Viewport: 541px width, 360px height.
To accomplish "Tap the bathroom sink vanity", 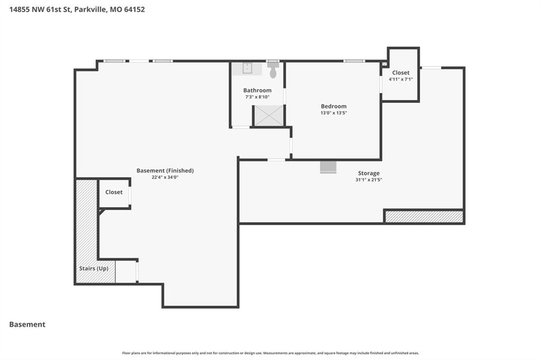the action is pos(247,69).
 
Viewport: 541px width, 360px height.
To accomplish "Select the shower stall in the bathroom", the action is pos(269,116).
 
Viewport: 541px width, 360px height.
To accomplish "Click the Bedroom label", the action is pos(334,106).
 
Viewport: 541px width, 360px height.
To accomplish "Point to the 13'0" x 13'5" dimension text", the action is pos(334,113).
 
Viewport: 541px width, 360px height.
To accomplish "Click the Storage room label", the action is pos(368,173).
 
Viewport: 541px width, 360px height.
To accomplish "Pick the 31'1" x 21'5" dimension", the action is pos(369,179).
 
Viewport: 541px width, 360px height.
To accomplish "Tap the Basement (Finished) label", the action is pos(165,170).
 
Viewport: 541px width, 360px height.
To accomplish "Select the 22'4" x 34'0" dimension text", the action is pos(165,177).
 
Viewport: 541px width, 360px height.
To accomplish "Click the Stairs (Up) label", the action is pos(94,268).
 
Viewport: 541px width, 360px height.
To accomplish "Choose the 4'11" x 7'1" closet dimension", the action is pos(400,79).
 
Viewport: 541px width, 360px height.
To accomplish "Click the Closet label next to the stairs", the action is pos(114,192).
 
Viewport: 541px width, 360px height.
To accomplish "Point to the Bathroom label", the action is pos(257,90).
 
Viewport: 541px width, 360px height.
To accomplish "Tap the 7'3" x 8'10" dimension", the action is pos(257,97).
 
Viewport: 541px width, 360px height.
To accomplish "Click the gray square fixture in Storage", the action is pos(328,167).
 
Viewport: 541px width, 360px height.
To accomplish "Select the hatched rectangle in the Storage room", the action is pos(424,216).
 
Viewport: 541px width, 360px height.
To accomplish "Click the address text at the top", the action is pos(77,10).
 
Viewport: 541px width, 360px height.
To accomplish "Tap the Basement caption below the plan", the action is pos(27,325).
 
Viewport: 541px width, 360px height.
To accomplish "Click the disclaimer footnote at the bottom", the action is pos(270,353).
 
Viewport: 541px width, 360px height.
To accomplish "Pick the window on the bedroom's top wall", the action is pos(354,61).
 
